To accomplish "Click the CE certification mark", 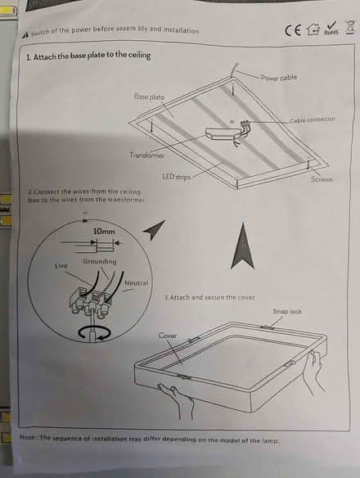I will (293, 31).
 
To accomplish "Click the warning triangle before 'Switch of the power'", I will (26, 34).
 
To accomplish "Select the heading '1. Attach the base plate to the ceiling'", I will (88, 56).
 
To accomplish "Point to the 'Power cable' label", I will (279, 78).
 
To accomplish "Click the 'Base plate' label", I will (149, 97).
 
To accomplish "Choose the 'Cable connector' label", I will (312, 120).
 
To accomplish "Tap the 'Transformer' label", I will (147, 155).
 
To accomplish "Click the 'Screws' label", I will (322, 179).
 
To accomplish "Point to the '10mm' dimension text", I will (103, 232).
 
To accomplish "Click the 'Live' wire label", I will (61, 266).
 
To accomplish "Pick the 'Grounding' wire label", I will (99, 262).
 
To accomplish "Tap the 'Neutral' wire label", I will (136, 283).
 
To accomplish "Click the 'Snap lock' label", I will (287, 312).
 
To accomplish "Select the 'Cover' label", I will (167, 336).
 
